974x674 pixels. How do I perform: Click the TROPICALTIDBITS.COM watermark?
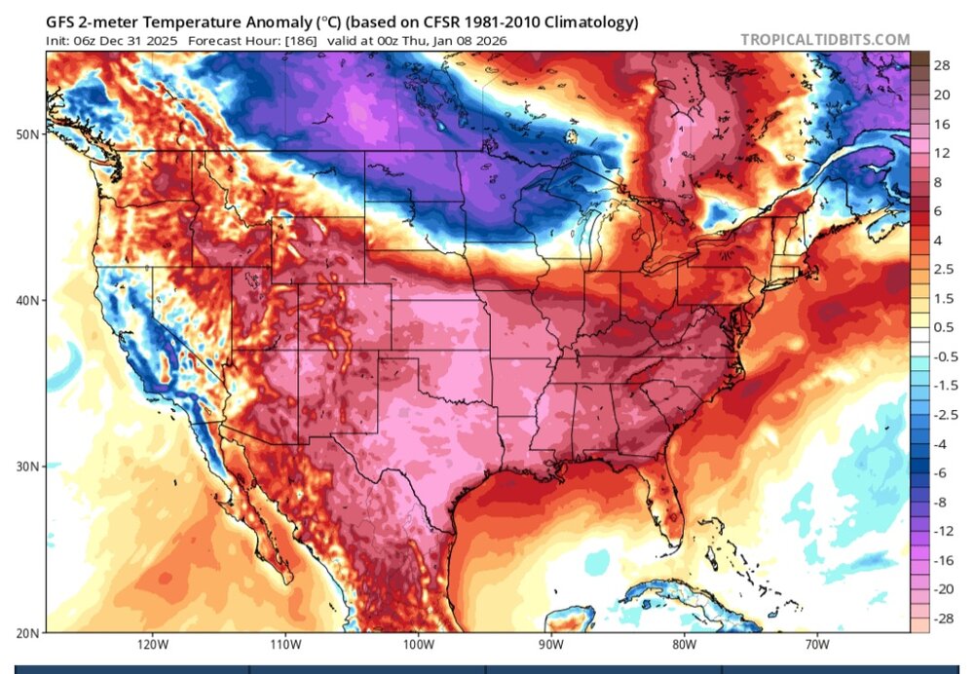[825, 40]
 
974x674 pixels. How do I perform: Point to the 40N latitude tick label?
[28, 300]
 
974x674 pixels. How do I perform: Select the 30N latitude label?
[28, 467]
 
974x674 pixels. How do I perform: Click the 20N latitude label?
[28, 632]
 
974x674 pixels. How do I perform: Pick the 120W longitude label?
[151, 645]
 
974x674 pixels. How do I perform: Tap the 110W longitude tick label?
[283, 645]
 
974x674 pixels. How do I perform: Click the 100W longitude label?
[417, 645]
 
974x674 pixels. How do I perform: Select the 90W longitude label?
[550, 645]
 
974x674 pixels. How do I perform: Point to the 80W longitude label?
[683, 645]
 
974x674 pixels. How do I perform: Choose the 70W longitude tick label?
[816, 645]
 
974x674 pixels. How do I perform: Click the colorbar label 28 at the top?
[942, 67]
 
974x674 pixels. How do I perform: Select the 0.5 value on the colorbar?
[943, 326]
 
